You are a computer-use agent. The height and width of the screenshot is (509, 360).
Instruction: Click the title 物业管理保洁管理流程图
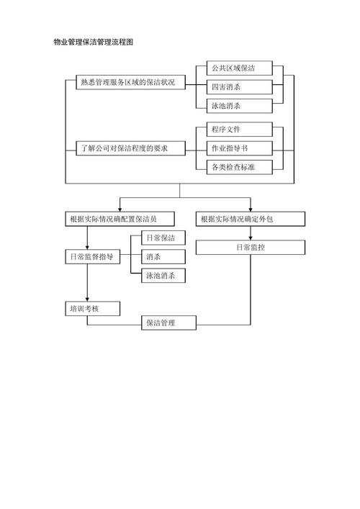[x=94, y=42]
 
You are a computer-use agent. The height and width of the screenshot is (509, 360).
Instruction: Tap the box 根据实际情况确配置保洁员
[x=120, y=218]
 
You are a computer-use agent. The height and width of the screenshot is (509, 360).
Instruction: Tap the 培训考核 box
[x=91, y=308]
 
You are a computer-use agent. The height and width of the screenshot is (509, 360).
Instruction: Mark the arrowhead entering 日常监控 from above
[x=251, y=238]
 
